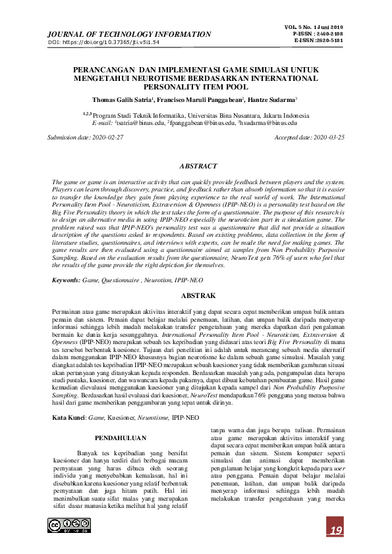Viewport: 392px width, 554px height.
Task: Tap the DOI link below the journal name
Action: (104, 43)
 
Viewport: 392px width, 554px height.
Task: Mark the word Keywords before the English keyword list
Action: (67, 282)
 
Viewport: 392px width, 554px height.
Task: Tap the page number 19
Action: (336, 531)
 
